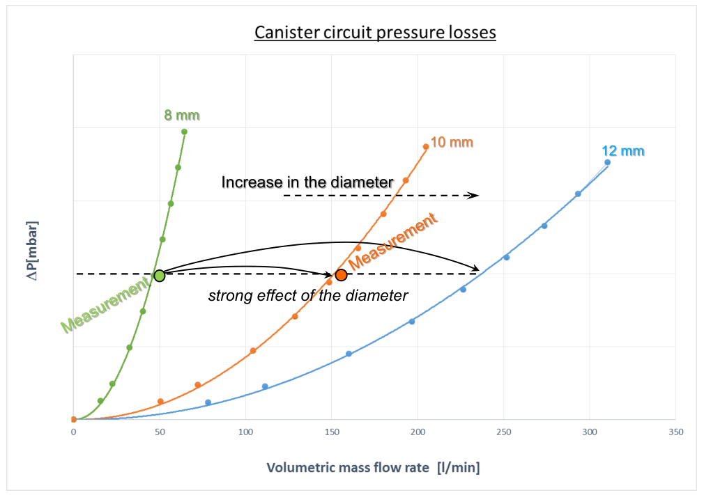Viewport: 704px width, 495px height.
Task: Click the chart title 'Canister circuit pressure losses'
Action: [x=375, y=33]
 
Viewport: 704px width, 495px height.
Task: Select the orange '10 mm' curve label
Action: [x=452, y=143]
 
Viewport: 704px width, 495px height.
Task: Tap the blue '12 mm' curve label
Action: [x=623, y=151]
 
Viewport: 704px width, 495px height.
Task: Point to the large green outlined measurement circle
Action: [x=159, y=275]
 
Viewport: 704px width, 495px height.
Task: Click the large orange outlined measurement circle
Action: [x=341, y=275]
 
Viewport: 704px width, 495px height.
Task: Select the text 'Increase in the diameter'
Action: [x=307, y=182]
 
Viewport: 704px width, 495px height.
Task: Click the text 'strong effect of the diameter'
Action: [x=307, y=295]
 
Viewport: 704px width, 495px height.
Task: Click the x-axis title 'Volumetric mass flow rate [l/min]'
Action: [x=374, y=467]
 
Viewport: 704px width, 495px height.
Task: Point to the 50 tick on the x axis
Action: [x=160, y=432]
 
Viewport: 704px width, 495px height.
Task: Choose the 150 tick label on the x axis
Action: [x=332, y=432]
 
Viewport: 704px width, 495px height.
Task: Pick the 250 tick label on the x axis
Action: [x=504, y=432]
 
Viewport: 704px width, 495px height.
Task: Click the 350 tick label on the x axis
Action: [x=675, y=432]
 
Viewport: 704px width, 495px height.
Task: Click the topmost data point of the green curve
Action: [x=184, y=132]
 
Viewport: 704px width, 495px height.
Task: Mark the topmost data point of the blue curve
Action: [x=607, y=162]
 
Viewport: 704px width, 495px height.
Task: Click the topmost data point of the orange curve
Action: [x=426, y=146]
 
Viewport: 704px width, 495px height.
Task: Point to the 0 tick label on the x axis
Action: [x=73, y=432]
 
